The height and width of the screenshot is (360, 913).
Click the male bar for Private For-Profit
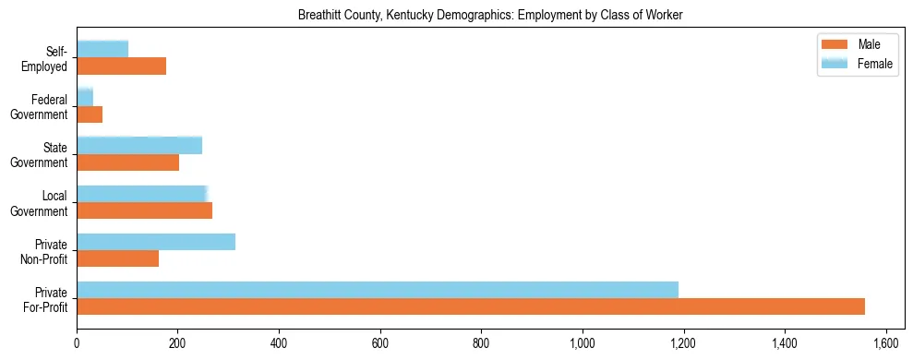[471, 306]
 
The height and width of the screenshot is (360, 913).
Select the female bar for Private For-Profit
[378, 290]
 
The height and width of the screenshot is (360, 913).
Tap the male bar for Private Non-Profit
[118, 258]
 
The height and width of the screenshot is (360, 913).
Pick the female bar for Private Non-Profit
[156, 242]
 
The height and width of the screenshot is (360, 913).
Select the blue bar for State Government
[139, 145]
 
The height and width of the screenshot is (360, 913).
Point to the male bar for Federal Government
[90, 114]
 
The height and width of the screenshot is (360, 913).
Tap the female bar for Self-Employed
[102, 49]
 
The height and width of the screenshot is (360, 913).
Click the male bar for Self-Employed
[122, 66]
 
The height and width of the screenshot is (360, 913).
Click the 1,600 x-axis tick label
[886, 343]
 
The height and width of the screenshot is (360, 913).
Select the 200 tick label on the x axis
[178, 343]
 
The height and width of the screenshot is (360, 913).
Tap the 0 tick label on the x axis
[77, 343]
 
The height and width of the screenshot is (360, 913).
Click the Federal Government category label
[39, 107]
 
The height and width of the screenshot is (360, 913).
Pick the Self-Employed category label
[45, 59]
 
